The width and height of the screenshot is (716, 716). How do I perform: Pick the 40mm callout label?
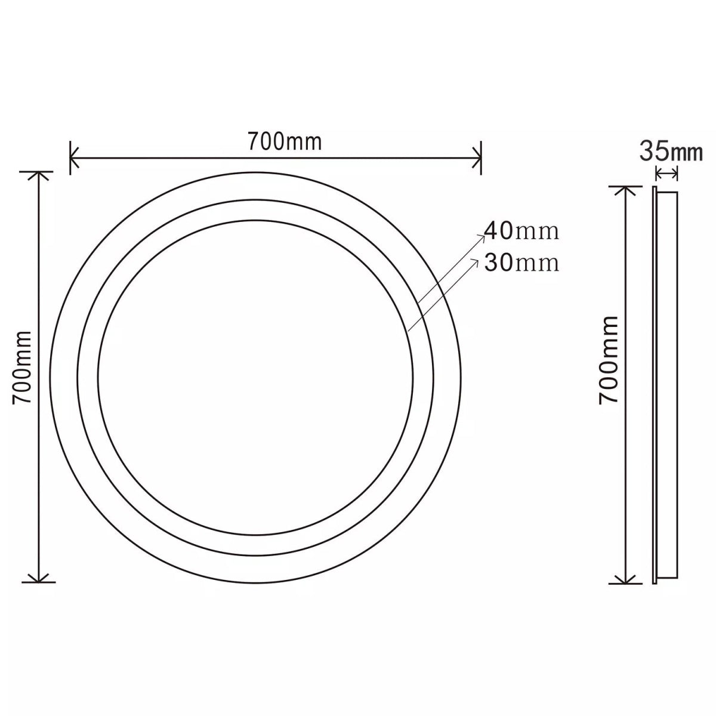click(521, 231)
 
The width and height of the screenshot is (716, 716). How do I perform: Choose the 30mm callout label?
click(521, 262)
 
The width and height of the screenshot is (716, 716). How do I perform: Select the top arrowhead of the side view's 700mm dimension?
click(625, 190)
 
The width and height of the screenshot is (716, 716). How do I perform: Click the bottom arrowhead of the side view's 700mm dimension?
click(625, 579)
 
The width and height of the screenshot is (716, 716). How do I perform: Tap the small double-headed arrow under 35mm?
click(666, 174)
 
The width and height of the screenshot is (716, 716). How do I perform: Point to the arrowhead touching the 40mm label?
click(483, 236)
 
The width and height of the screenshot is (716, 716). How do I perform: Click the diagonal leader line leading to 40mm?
click(450, 269)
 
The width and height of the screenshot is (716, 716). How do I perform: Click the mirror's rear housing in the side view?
click(668, 385)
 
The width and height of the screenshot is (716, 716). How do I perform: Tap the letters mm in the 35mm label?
click(686, 153)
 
